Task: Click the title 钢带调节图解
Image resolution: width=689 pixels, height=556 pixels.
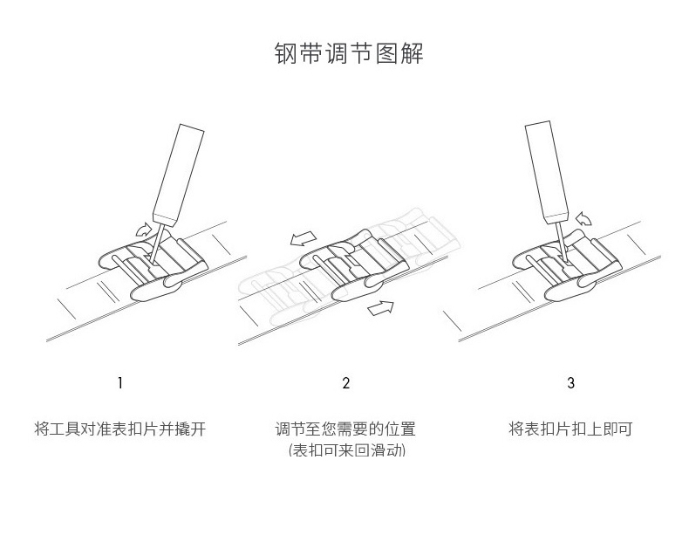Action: [x=349, y=53]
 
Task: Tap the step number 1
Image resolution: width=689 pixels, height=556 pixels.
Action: [x=120, y=382]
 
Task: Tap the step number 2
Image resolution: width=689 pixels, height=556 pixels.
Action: [x=346, y=382]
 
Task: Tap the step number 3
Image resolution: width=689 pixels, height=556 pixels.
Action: [x=570, y=382]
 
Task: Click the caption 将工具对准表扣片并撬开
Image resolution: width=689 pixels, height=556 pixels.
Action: [x=120, y=429]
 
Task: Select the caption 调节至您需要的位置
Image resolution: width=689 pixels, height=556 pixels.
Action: [x=345, y=429]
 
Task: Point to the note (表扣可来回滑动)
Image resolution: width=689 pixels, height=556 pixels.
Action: [x=347, y=450]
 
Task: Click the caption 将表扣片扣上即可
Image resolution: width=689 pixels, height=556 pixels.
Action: [x=570, y=429]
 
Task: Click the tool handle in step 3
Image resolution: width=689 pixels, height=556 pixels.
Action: [x=546, y=172]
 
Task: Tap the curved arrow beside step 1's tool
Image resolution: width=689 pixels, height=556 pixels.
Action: [x=143, y=230]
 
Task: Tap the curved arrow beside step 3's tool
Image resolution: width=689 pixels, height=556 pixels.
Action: [x=583, y=218]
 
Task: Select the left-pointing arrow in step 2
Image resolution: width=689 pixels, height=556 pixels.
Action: [x=304, y=239]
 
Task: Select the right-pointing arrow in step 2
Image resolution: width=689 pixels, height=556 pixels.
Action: [x=380, y=307]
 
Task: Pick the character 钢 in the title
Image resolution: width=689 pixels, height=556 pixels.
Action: [x=285, y=53]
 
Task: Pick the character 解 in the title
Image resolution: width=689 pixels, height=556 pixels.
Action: [x=412, y=53]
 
